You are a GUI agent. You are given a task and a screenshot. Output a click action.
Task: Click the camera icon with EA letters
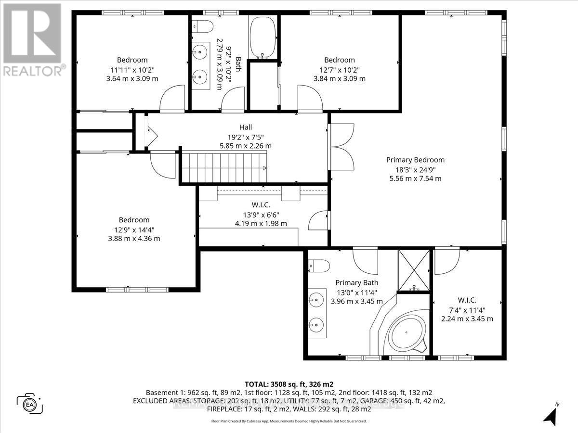point(30,403)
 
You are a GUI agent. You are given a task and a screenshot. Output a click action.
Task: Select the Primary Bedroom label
point(415,160)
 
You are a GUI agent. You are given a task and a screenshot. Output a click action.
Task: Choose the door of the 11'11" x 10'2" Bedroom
point(172,99)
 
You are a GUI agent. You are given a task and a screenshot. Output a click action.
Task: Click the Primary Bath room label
point(357,283)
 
